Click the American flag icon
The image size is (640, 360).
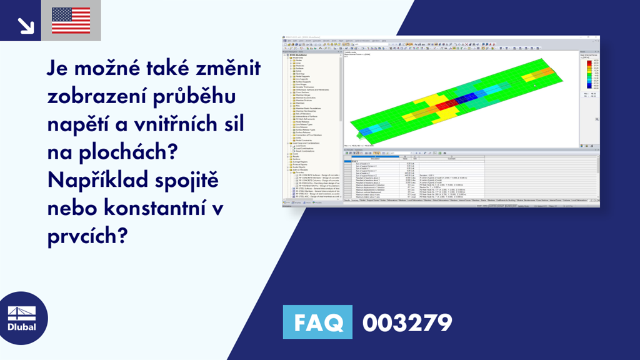(x=71, y=20)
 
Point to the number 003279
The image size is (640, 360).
(x=407, y=322)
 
